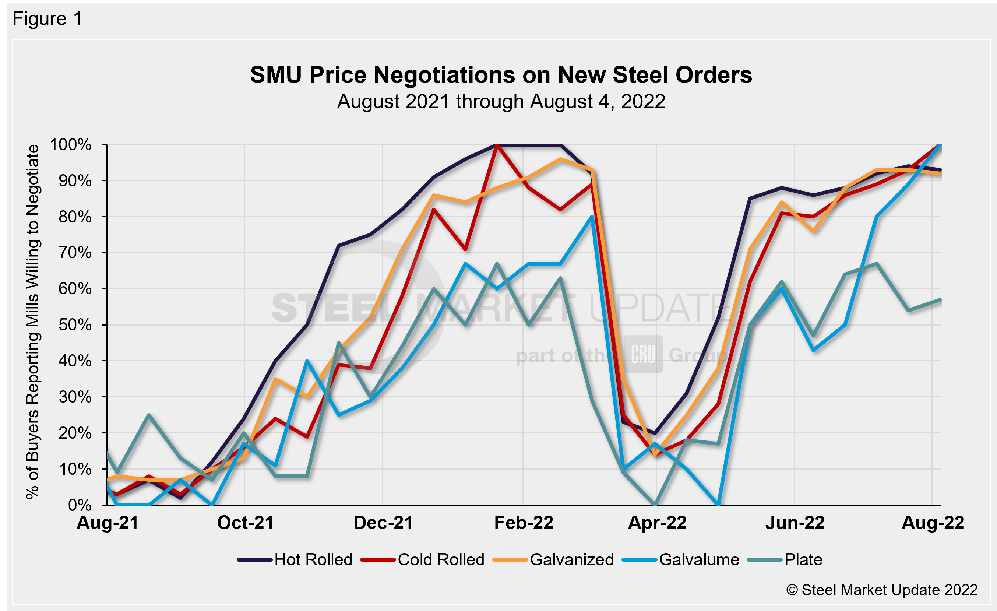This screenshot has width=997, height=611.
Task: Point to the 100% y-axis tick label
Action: pos(71,145)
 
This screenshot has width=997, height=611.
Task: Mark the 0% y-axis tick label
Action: pos(80,505)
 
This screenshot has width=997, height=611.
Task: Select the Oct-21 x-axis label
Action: pos(246,523)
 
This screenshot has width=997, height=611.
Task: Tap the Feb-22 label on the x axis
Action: pos(524,523)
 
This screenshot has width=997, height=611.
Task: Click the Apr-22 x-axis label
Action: pos(657,523)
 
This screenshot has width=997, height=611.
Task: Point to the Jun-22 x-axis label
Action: pos(795,523)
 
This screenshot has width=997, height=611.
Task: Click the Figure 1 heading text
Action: pos(47,19)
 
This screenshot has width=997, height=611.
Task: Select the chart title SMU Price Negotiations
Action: pos(501,75)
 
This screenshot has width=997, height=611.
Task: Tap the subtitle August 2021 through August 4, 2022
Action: pos(501,102)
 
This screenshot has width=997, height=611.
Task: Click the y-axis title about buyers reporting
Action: pos(32,322)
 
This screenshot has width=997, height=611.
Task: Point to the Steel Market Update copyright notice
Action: pos(882,590)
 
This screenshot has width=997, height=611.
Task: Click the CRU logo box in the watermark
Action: pos(643,354)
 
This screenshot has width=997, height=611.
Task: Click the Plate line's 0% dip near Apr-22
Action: pos(655,505)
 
